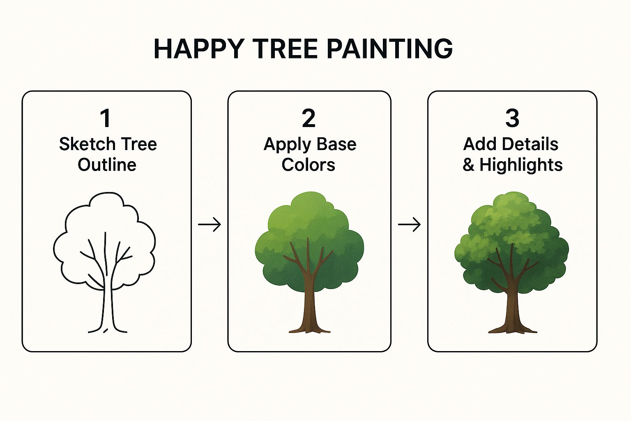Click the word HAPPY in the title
pyautogui.click(x=199, y=49)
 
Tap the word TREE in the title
pyautogui.click(x=286, y=49)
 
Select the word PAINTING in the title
pyautogui.click(x=390, y=49)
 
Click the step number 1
pyautogui.click(x=106, y=118)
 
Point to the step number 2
pyautogui.click(x=309, y=118)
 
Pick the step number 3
pyautogui.click(x=512, y=118)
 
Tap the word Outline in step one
pyautogui.click(x=107, y=165)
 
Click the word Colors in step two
pyautogui.click(x=309, y=165)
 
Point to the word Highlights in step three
pyautogui.click(x=521, y=165)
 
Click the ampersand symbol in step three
pyautogui.click(x=468, y=165)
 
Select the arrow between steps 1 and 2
pyautogui.click(x=209, y=224)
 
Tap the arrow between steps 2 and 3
pyautogui.click(x=409, y=224)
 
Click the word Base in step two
pyautogui.click(x=336, y=144)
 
